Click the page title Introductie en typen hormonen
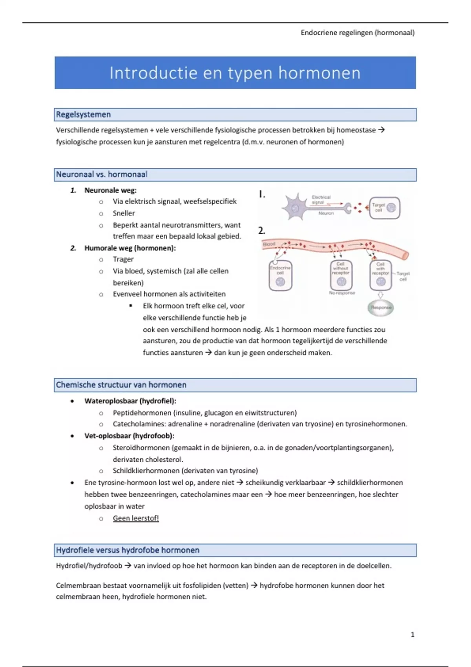coord(235,73)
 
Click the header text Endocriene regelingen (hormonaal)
coord(357,33)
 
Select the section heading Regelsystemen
coord(83,115)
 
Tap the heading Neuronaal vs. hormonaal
coord(102,175)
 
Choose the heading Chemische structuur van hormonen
coord(121,385)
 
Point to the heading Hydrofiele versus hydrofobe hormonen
coord(128,550)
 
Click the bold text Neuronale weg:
coord(110,190)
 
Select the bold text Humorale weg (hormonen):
coord(130,248)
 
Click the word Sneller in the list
coord(124,213)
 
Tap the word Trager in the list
coord(123,259)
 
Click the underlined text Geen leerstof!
coord(136,518)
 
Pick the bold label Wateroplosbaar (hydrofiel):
coord(130,401)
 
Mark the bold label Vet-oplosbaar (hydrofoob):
coord(129,436)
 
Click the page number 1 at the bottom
coord(412,634)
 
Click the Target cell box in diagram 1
coord(384,208)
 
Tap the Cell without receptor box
coord(341,275)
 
